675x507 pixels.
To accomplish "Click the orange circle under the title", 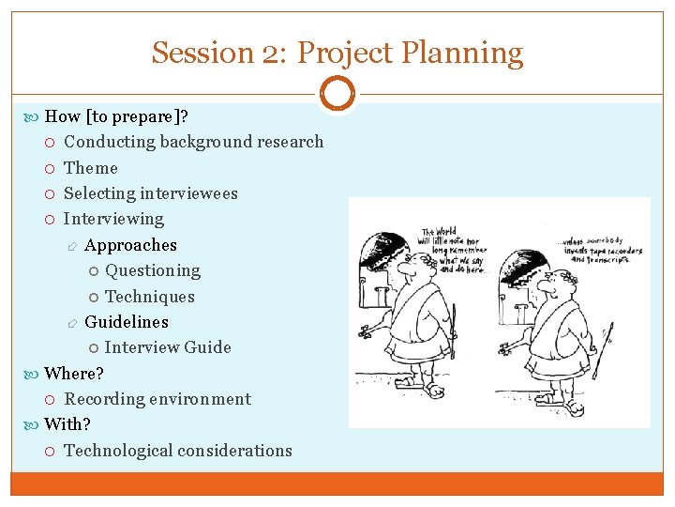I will click(337, 94).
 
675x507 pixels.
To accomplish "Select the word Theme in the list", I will click(91, 168).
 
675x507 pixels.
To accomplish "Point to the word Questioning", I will click(153, 270).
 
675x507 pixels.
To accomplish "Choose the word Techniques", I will click(150, 297).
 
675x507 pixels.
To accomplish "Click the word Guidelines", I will click(127, 322).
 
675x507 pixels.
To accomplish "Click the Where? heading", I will click(74, 373).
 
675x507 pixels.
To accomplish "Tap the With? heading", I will click(67, 424).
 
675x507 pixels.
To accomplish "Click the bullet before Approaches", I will click(72, 246).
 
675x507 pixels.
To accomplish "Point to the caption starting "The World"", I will click(454, 249).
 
